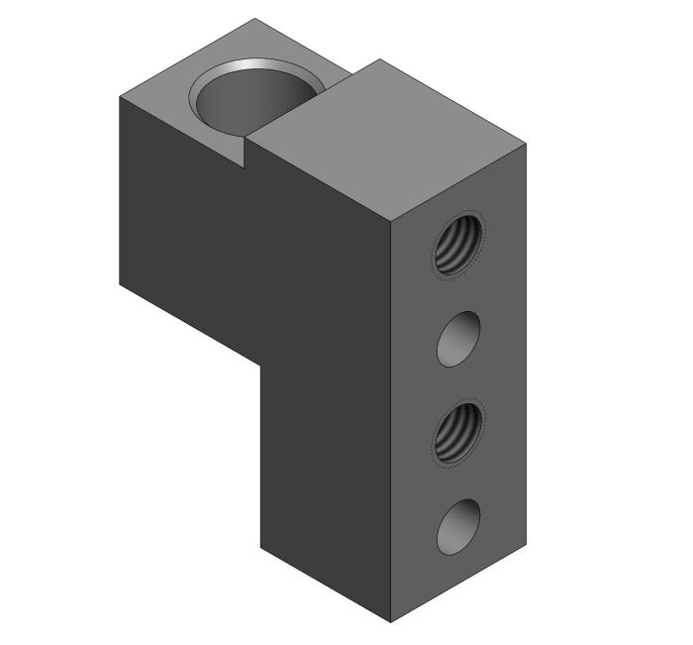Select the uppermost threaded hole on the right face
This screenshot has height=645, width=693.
(x=459, y=243)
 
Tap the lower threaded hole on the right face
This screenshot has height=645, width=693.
(x=459, y=433)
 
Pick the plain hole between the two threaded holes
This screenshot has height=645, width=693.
(x=459, y=339)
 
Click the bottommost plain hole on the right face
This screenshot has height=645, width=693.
(x=459, y=527)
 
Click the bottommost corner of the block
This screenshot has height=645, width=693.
(x=391, y=622)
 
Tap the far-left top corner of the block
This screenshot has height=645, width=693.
(x=120, y=97)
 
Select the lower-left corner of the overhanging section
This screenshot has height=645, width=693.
(x=120, y=285)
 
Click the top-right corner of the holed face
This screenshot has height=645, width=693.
(x=525, y=145)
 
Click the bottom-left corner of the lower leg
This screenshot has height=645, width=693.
(x=260, y=548)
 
